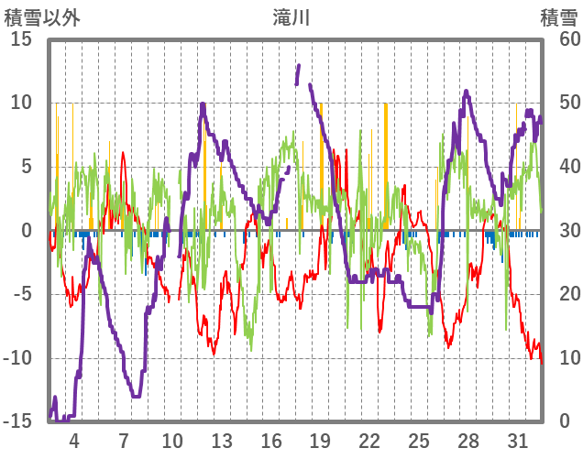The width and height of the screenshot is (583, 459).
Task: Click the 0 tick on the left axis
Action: pos(27,231)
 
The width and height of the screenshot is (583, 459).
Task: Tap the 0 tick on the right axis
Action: pos(565,421)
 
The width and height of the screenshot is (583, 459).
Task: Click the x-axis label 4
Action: pos(74,440)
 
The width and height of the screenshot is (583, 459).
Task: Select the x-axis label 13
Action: pos(222,440)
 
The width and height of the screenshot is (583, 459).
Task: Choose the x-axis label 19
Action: pos(320,440)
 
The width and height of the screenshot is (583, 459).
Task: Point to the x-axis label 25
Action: pos(418,440)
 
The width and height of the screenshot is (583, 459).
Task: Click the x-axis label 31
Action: pos(517,440)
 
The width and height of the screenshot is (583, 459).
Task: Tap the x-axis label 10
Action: pos(172,440)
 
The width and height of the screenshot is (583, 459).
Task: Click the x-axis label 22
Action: pos(369,440)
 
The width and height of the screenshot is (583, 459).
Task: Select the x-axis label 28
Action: pos(467,440)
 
